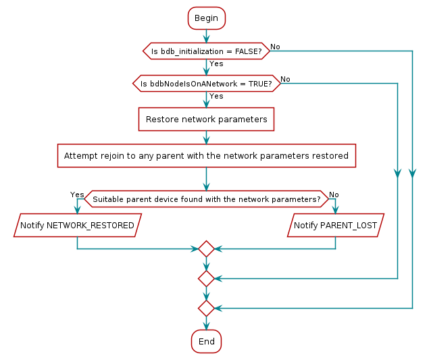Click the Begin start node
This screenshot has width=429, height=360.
(x=206, y=18)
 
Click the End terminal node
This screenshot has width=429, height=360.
(x=206, y=342)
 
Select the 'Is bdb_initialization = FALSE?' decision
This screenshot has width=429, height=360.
(x=206, y=51)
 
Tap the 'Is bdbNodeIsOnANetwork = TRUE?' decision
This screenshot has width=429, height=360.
(x=206, y=84)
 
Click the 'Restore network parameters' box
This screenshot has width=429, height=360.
(x=206, y=120)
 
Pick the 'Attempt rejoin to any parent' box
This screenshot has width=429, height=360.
(x=206, y=156)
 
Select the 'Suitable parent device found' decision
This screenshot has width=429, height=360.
(x=206, y=199)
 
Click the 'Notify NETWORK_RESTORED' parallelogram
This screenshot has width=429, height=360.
(x=77, y=225)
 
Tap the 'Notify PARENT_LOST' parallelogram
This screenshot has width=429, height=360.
(x=336, y=225)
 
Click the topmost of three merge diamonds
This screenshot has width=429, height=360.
(x=206, y=249)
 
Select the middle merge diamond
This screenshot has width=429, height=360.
(x=206, y=278)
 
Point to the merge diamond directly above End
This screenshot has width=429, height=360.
(x=206, y=308)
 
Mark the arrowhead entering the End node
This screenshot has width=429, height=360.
(x=206, y=326)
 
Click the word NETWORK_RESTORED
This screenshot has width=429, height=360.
(x=90, y=225)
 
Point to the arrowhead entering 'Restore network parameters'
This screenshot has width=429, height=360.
(x=206, y=103)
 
